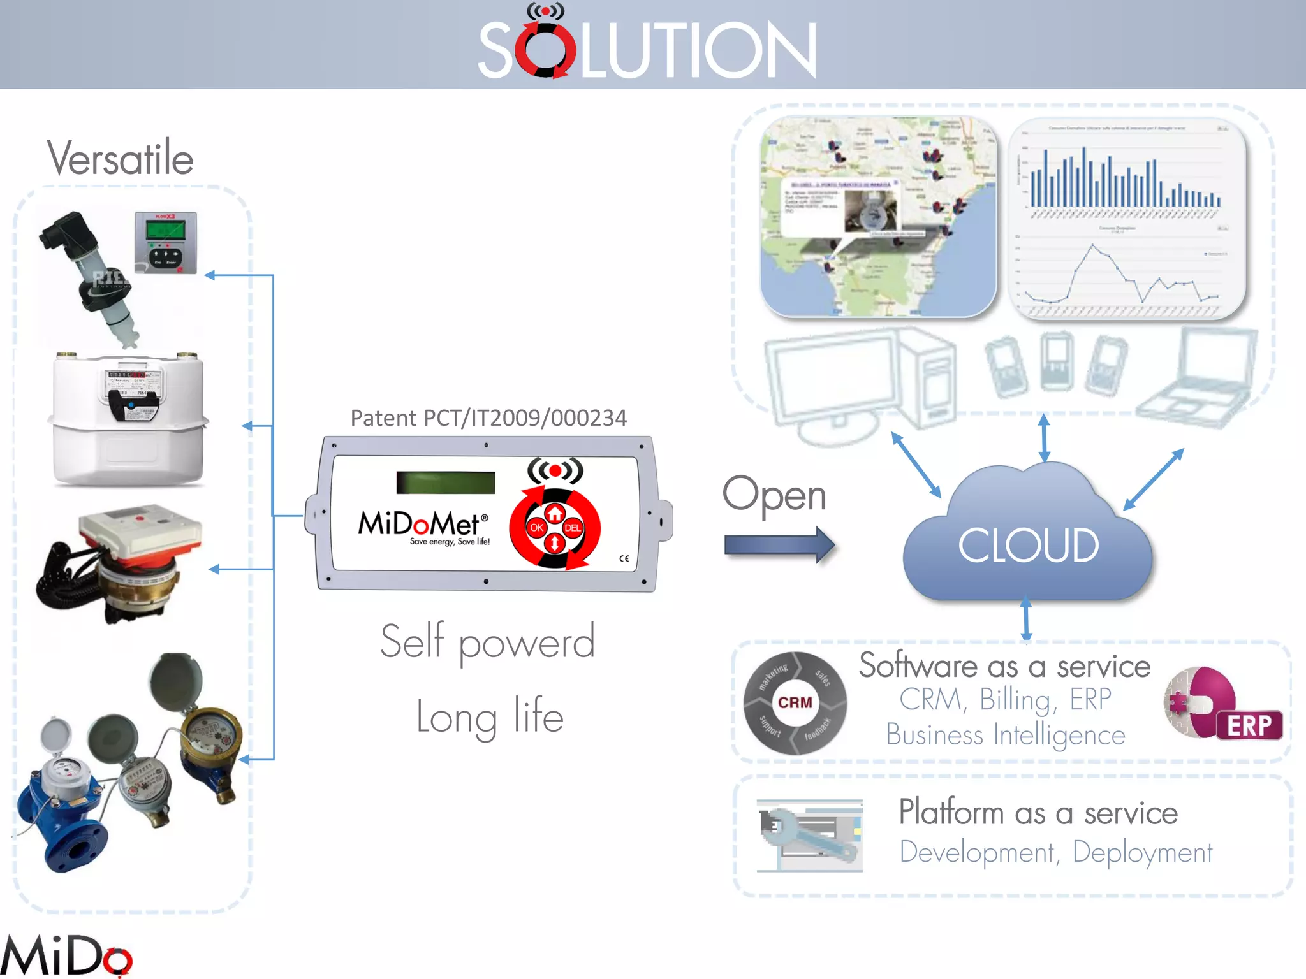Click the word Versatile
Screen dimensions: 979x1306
(x=120, y=157)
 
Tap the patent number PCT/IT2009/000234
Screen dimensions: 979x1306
(x=488, y=418)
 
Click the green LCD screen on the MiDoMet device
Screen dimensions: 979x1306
(x=445, y=482)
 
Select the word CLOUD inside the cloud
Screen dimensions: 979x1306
(x=1028, y=546)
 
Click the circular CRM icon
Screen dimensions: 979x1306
(x=795, y=702)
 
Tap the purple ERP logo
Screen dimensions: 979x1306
(x=1222, y=705)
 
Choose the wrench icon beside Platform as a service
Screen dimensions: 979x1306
(x=809, y=835)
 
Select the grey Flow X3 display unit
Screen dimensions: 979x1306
(x=166, y=242)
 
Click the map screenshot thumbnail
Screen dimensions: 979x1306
(x=878, y=217)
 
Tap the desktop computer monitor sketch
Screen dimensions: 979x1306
(x=829, y=382)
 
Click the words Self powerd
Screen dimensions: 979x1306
(x=488, y=642)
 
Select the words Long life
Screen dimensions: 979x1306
(x=490, y=716)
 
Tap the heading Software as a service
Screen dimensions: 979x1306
(x=1004, y=666)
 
